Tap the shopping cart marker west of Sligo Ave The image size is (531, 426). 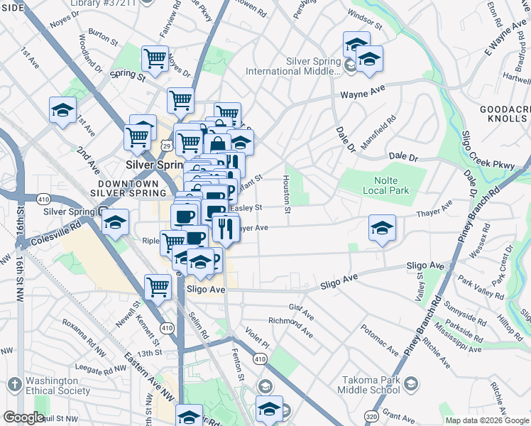[158, 288]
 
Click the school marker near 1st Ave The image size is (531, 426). [63, 111]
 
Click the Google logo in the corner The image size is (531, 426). [23, 417]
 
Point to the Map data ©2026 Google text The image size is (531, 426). [487, 420]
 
